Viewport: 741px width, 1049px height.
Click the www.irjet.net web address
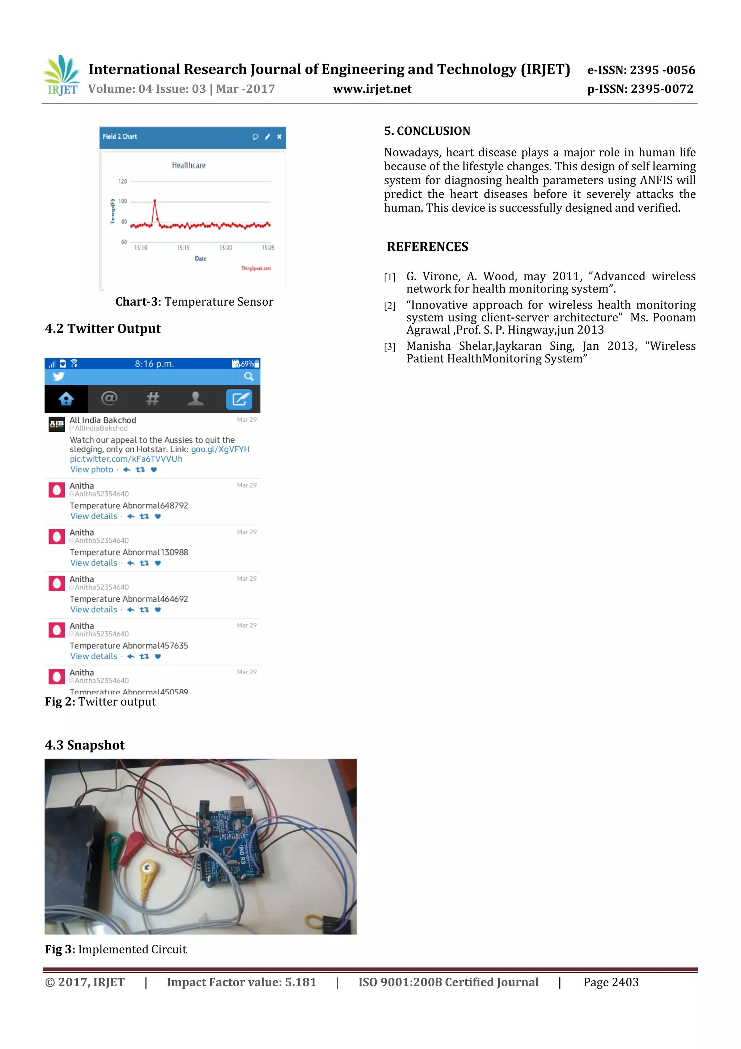click(x=372, y=89)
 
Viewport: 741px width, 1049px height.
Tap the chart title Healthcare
click(x=189, y=165)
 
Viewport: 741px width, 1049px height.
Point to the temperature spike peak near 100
click(x=155, y=201)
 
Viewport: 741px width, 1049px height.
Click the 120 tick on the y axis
click(x=123, y=181)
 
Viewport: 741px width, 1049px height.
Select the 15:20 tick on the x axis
click(x=225, y=248)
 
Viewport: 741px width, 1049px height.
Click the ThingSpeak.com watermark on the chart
click(x=256, y=269)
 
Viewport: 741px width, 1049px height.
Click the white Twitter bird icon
click(x=59, y=377)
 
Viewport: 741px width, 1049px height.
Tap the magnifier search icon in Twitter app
click(x=249, y=377)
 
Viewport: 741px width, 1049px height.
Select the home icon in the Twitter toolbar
click(x=66, y=399)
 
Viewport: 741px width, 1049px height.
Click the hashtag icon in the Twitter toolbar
click(x=152, y=399)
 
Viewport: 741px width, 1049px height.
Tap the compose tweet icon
click(x=239, y=399)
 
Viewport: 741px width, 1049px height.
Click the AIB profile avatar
click(x=56, y=424)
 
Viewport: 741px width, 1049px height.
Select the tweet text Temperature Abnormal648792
click(x=129, y=506)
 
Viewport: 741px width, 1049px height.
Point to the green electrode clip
click(x=115, y=840)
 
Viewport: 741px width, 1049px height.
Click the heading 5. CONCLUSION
click(x=427, y=131)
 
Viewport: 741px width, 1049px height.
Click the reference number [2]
click(x=389, y=306)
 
